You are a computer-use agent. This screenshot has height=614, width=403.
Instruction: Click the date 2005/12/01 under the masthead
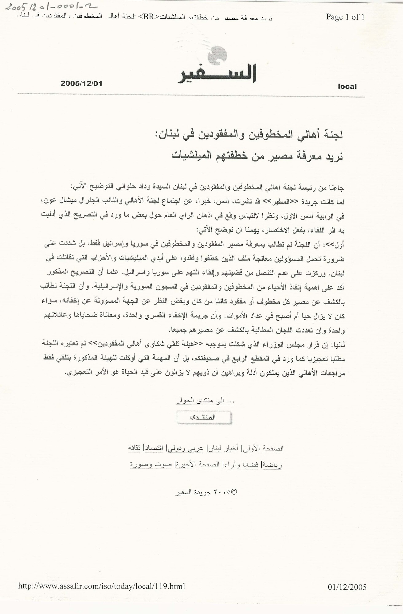pyautogui.click(x=81, y=83)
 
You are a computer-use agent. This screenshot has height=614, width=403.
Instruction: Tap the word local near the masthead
pyautogui.click(x=347, y=87)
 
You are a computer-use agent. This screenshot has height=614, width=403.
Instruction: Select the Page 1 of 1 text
pyautogui.click(x=345, y=17)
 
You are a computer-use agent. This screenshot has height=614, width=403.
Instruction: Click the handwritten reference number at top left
pyautogui.click(x=51, y=7)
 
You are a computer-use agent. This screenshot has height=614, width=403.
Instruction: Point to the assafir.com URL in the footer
pyautogui.click(x=102, y=586)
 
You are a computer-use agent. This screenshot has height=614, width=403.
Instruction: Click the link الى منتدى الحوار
pyautogui.click(x=205, y=400)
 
